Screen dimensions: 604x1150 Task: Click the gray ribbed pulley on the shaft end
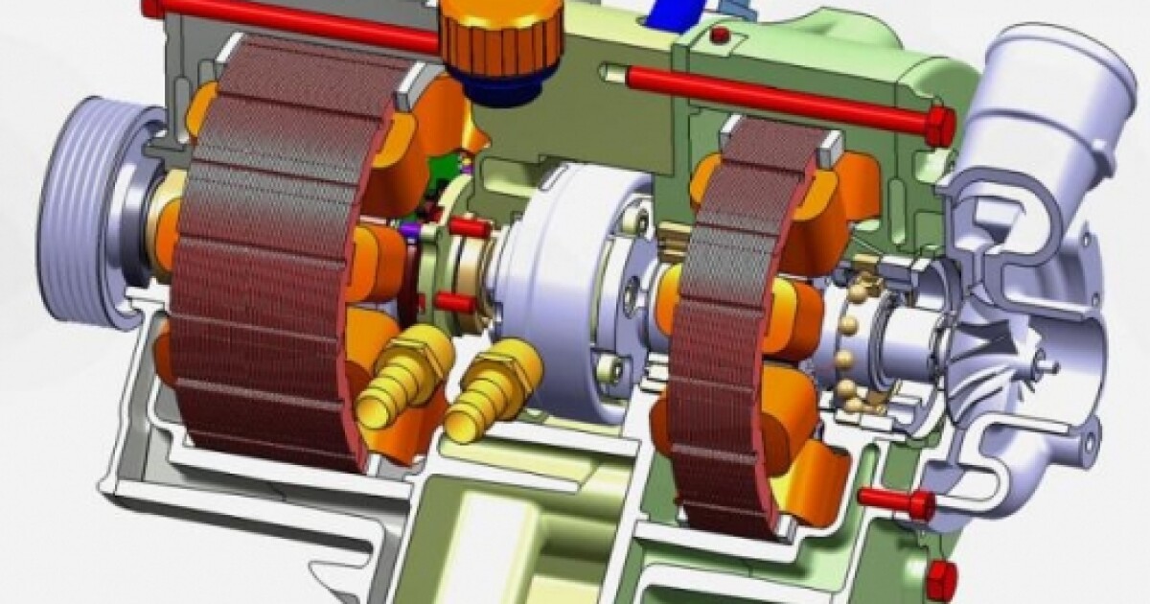click(x=91, y=225)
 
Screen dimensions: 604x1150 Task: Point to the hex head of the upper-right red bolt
click(x=939, y=126)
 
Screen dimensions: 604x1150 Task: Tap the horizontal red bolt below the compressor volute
click(x=896, y=499)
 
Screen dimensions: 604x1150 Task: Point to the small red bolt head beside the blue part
click(x=720, y=36)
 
